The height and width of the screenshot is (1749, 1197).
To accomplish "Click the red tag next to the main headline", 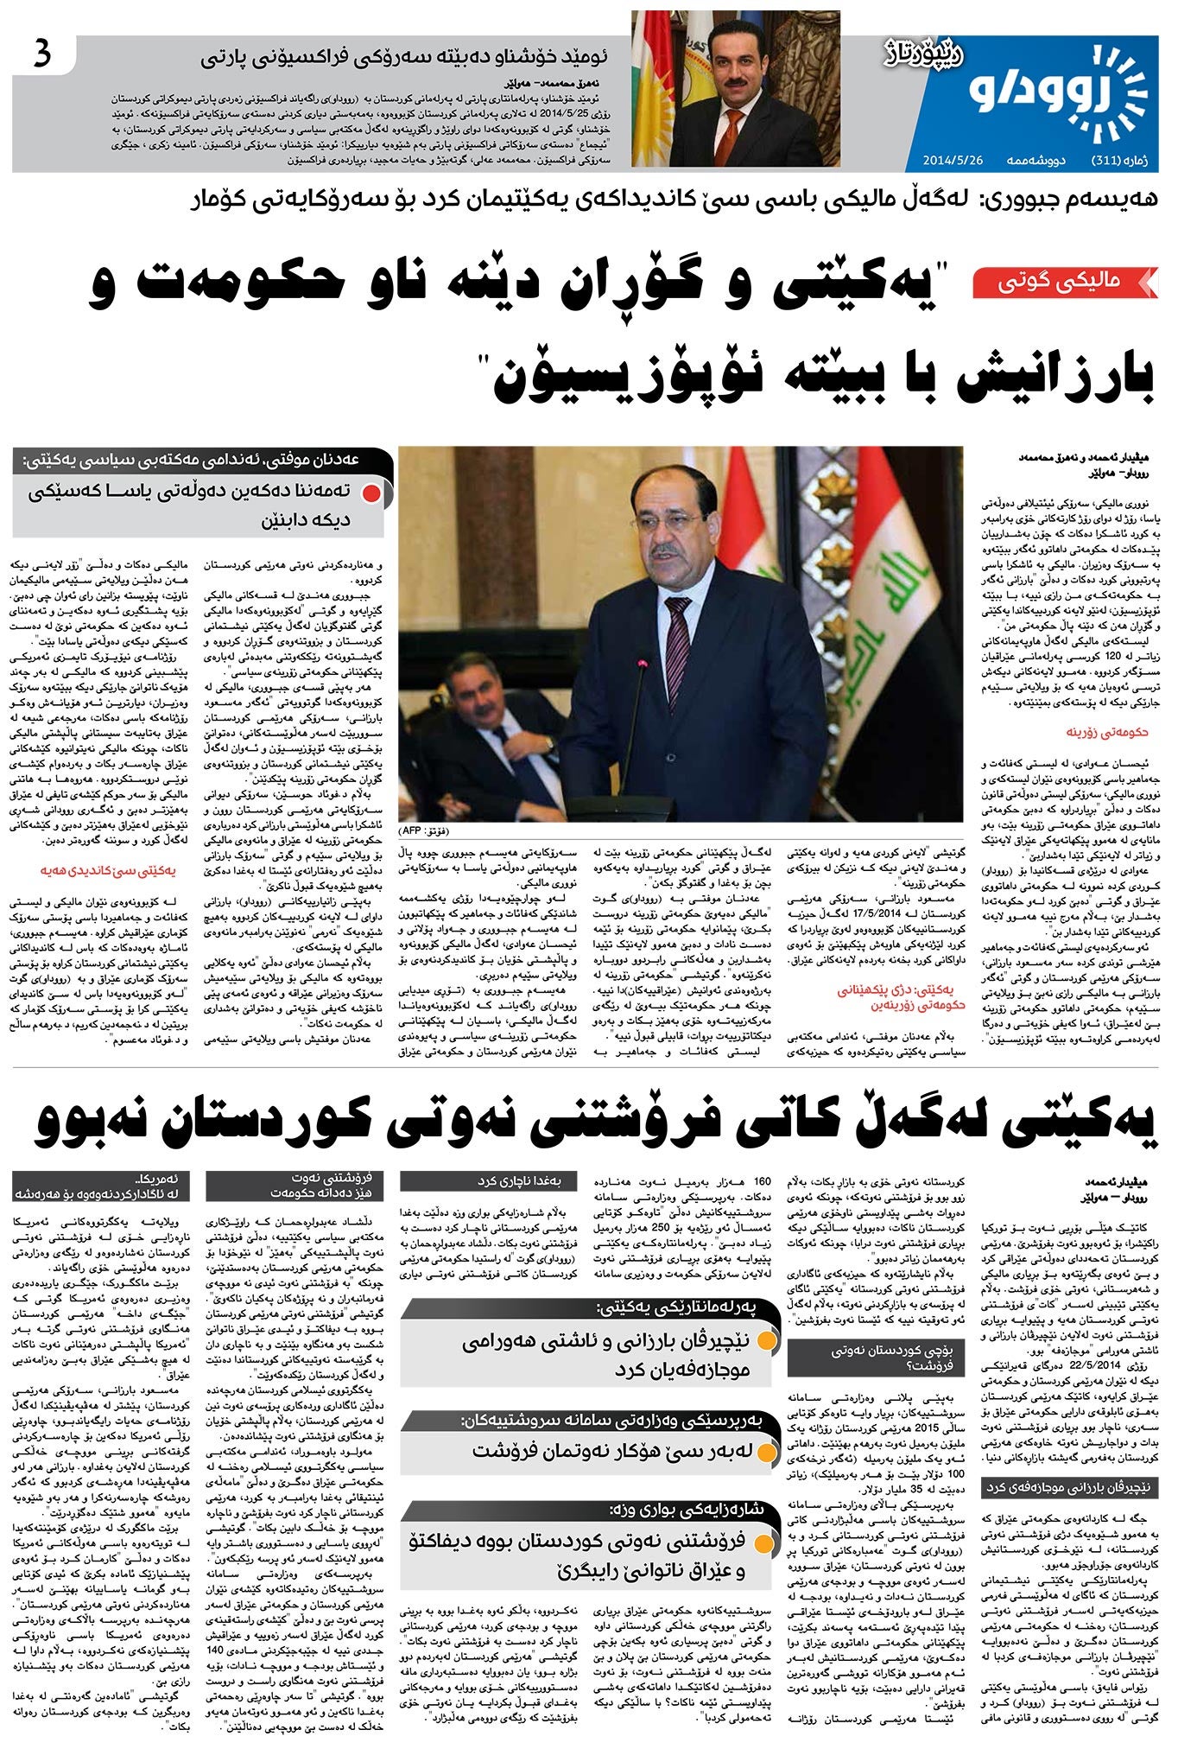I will (1063, 282).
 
